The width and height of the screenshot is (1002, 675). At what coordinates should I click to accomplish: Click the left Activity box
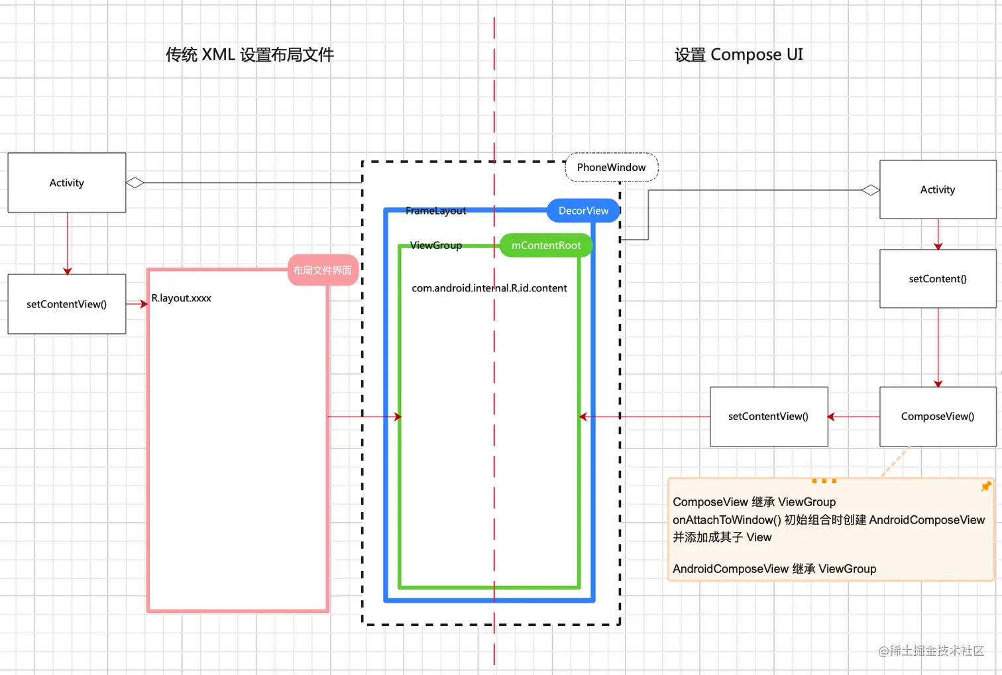66,183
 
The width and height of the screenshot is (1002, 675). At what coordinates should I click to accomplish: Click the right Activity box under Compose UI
937,189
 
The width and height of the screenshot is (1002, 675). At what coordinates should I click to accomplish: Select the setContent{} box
937,279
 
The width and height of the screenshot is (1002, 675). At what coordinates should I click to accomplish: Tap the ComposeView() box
937,417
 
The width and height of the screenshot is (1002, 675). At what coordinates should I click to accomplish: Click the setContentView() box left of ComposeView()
768,417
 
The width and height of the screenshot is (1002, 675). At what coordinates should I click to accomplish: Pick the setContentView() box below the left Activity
66,304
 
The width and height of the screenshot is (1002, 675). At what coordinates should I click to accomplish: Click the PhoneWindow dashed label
611,168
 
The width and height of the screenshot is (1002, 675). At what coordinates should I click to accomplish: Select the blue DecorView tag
583,211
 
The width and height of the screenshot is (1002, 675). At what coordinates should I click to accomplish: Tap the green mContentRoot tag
546,245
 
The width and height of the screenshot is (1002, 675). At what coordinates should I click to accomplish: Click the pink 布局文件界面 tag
323,270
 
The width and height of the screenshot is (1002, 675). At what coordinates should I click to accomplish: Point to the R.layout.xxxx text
181,298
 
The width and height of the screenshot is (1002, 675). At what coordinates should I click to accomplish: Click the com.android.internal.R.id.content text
489,288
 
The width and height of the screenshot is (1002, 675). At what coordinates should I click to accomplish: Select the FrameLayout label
435,211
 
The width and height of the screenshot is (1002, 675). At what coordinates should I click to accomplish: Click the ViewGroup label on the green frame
435,245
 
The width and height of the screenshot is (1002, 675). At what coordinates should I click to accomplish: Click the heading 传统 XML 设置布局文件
249,55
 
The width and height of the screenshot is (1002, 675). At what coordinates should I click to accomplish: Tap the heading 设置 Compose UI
738,55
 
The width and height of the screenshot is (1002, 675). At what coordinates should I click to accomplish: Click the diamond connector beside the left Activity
135,183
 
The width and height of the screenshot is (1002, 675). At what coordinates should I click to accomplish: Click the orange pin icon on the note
985,487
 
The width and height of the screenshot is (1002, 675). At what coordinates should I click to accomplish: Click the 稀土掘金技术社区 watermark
931,651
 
